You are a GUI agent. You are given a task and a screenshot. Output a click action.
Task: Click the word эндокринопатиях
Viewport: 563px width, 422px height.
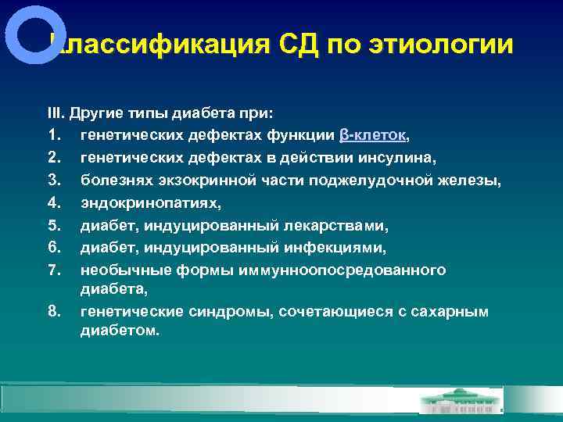click(x=149, y=202)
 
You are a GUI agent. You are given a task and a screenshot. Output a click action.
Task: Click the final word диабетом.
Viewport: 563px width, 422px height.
click(x=119, y=331)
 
